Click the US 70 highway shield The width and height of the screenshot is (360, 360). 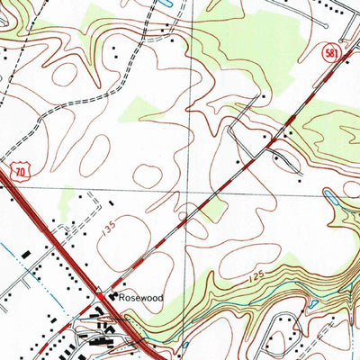pyautogui.click(x=21, y=169)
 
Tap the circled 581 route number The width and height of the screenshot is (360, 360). pyautogui.click(x=332, y=54)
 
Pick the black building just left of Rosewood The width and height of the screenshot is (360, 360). pyautogui.click(x=113, y=296)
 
